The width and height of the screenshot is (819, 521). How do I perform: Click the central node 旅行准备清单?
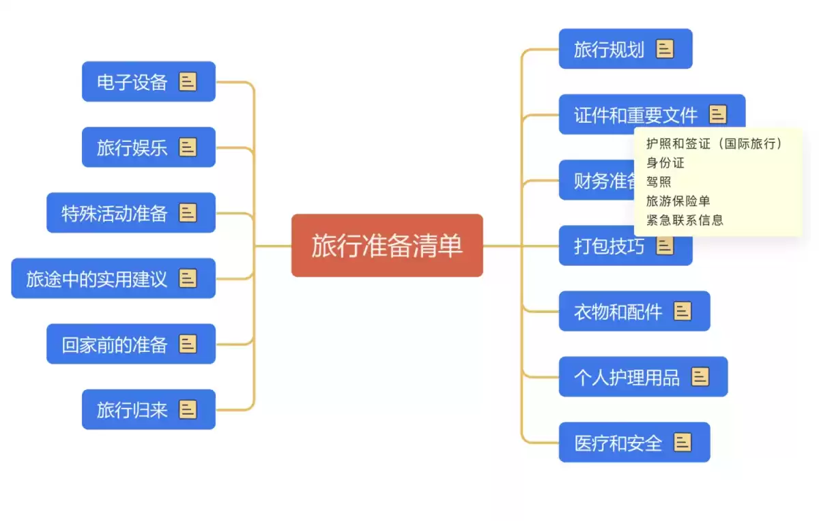click(x=387, y=245)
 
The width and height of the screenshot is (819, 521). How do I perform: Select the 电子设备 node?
click(x=132, y=82)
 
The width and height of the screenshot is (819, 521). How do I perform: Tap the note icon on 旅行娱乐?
click(x=188, y=147)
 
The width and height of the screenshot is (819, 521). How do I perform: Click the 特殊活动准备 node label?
click(x=115, y=213)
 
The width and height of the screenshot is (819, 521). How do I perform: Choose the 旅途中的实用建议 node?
click(x=97, y=278)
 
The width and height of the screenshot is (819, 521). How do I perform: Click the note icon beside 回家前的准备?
click(x=188, y=344)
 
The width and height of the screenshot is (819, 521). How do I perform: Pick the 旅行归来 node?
click(x=132, y=409)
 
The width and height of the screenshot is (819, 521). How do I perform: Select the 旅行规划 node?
click(x=609, y=49)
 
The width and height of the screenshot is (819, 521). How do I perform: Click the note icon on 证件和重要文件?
click(x=718, y=115)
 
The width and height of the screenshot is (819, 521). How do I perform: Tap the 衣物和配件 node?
click(x=618, y=312)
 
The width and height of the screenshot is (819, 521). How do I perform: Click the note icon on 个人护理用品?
click(x=700, y=376)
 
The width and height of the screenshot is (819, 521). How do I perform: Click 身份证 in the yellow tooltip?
click(x=665, y=163)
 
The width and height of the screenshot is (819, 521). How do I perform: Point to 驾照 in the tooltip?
click(x=659, y=182)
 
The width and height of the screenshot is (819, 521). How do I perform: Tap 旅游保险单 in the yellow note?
click(x=678, y=201)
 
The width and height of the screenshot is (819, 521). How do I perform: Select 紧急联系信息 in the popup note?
click(x=685, y=220)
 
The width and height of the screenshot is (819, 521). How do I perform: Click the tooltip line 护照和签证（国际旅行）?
click(x=714, y=144)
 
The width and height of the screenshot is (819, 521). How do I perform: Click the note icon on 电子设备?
click(x=188, y=82)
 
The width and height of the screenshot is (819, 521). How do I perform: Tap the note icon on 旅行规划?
click(x=665, y=49)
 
